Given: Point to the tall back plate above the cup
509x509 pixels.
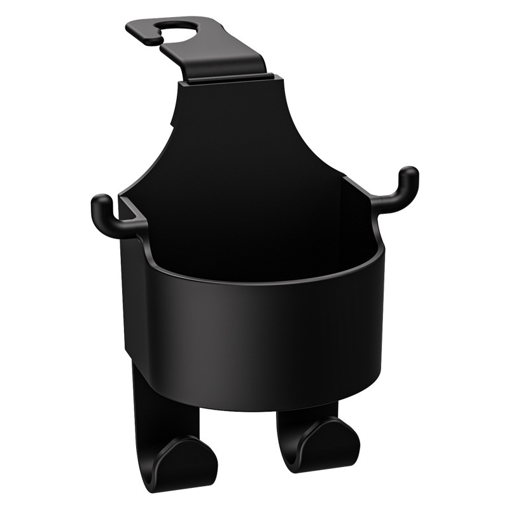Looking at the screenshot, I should click(x=229, y=140).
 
